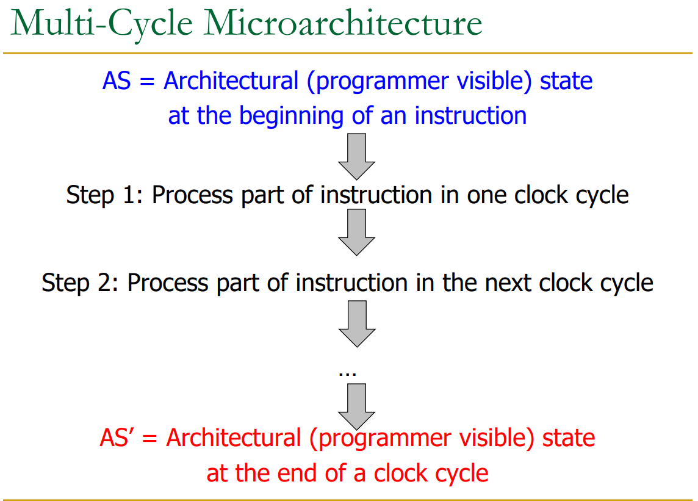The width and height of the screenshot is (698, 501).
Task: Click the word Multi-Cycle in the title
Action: pos(103,24)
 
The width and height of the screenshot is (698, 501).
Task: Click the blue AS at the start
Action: pos(117,81)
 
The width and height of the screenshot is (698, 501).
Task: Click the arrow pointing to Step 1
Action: pos(356,156)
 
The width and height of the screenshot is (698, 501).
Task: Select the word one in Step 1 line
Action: pos(488,195)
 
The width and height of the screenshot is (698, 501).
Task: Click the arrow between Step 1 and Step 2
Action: pos(356,232)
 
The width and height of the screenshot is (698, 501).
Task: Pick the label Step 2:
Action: pos(81,283)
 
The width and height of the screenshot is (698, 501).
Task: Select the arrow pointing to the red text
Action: pos(356,406)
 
